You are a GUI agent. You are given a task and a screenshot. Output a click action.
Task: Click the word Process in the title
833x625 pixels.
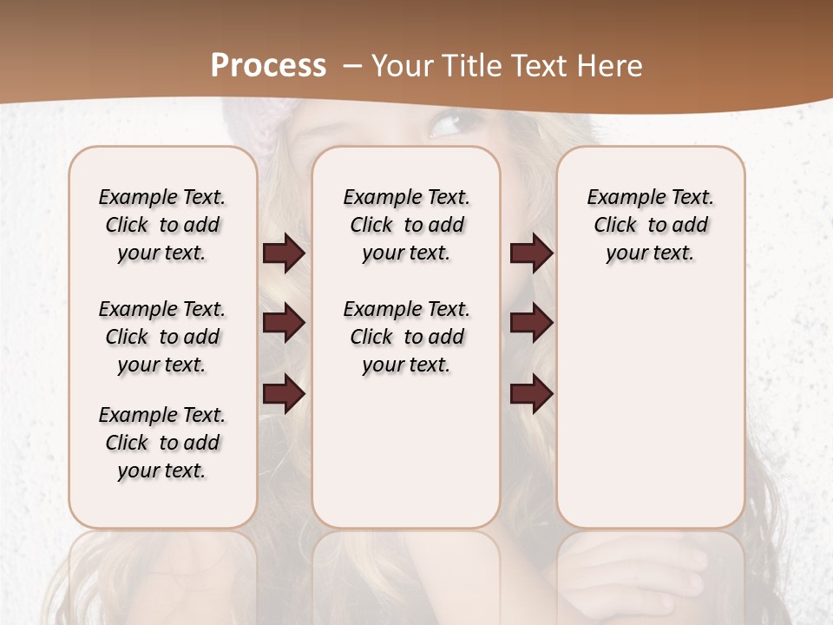(x=268, y=66)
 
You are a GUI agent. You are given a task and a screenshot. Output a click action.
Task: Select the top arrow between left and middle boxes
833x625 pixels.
(x=284, y=253)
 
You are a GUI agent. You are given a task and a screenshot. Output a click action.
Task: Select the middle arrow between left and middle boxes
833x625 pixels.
(x=284, y=324)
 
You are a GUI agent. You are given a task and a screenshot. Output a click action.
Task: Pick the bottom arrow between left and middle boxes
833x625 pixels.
(x=284, y=394)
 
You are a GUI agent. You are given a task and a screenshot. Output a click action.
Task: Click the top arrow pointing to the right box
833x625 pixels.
(x=531, y=253)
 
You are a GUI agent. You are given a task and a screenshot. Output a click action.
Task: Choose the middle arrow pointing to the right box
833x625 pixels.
(x=531, y=324)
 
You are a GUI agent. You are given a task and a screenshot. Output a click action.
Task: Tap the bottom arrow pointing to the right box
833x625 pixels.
(x=531, y=394)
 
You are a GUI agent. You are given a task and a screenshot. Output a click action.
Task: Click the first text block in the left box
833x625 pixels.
(x=162, y=225)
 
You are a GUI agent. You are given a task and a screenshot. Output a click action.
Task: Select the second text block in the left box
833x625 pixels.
(x=162, y=337)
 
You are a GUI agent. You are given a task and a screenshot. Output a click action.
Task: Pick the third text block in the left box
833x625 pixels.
(x=162, y=443)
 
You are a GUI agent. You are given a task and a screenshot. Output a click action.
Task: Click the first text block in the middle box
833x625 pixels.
(x=406, y=225)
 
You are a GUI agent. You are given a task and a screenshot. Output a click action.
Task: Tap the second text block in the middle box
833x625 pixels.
(x=406, y=337)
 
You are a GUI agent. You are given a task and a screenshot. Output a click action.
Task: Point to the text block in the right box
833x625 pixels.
(x=650, y=225)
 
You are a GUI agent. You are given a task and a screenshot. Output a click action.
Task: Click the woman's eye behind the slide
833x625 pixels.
(x=445, y=127)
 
